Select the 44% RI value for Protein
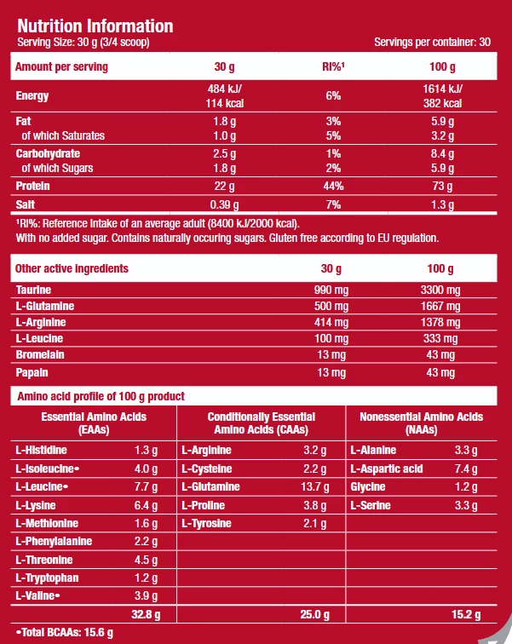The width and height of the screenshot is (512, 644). coord(332,186)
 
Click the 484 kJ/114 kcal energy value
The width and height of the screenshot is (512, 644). coord(225,96)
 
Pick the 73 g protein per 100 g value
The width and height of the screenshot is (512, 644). coord(442,186)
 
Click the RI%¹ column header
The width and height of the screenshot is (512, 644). coord(332,66)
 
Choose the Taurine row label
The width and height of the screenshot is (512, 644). coord(34,290)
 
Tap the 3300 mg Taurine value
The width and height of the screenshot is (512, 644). coord(442,290)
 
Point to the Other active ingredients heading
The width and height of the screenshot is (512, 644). coord(72,268)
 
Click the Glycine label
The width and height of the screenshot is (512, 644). coord(369,486)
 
